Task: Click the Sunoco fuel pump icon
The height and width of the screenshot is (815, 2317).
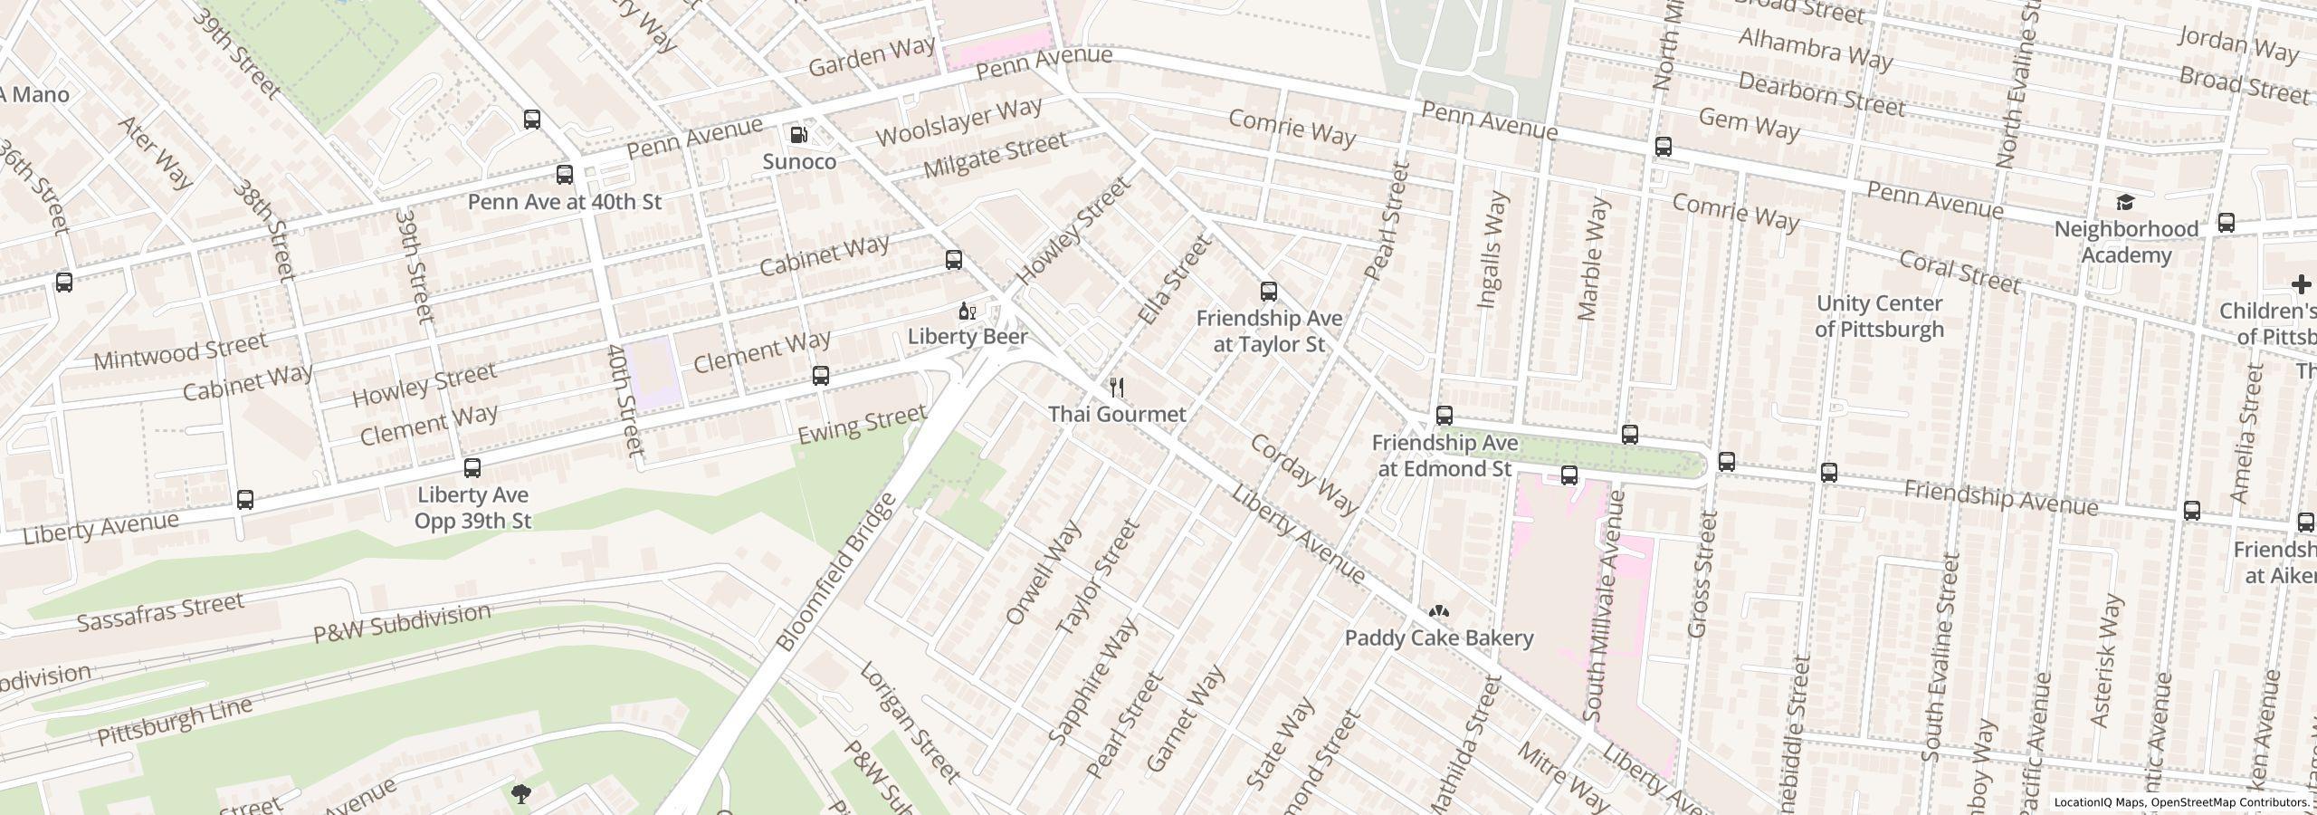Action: tap(799, 135)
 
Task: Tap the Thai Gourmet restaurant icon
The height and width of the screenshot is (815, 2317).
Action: tap(1117, 388)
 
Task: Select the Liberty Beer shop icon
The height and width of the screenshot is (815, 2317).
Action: tap(967, 312)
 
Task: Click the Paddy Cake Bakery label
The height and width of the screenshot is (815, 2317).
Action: tap(1438, 638)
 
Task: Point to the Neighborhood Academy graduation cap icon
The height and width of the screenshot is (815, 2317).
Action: tap(2124, 202)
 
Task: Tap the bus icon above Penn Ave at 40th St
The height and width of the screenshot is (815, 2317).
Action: tap(564, 175)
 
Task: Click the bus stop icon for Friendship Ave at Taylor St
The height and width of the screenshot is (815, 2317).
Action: tap(1269, 292)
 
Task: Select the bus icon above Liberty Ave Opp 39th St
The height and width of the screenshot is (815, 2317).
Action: tap(472, 468)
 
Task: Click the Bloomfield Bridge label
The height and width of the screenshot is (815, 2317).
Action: tap(836, 572)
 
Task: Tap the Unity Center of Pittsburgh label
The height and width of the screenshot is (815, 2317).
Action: tap(1879, 316)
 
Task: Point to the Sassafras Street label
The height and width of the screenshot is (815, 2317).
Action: tap(160, 613)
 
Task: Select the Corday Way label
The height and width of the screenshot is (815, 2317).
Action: tap(1302, 475)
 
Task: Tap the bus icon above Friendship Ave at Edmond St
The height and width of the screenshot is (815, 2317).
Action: tap(1445, 416)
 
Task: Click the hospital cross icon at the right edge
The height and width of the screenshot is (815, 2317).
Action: tap(2301, 285)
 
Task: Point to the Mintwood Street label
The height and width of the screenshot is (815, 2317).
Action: tap(180, 350)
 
